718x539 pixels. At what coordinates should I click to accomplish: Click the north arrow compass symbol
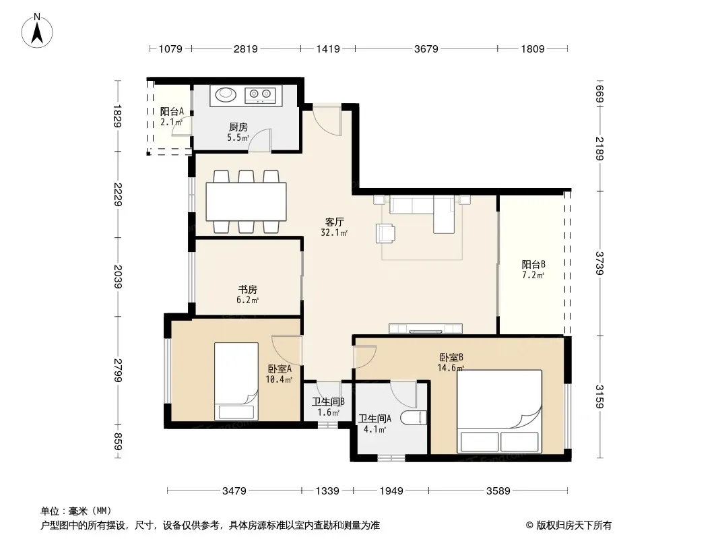click(37, 31)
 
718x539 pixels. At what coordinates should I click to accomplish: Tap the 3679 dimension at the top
click(426, 49)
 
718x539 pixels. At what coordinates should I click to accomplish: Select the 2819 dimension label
click(246, 49)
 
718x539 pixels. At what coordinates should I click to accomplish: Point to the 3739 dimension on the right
click(600, 263)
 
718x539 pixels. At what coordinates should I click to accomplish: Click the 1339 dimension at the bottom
click(327, 491)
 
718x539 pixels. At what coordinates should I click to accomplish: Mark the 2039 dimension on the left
click(118, 277)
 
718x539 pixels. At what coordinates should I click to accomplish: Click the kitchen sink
click(225, 94)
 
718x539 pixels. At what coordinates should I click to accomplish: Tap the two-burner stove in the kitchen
click(259, 95)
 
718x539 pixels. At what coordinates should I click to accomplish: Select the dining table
click(247, 202)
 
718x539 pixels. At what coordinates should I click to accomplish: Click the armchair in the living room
click(385, 233)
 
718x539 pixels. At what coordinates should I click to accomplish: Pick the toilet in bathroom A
click(414, 418)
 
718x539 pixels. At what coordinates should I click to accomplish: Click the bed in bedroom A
click(236, 381)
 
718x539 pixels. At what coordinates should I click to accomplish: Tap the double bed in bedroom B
click(500, 411)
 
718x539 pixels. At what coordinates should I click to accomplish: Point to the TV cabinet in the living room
click(426, 328)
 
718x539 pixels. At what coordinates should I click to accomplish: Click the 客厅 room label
click(334, 222)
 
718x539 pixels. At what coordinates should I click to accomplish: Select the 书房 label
click(247, 290)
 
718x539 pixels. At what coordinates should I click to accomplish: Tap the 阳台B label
click(533, 264)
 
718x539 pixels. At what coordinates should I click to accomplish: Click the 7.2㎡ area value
click(533, 275)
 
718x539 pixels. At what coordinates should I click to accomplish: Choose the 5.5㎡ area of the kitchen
click(238, 137)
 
